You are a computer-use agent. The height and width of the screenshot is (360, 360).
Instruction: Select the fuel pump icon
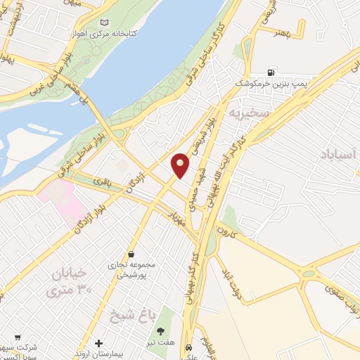[x=271, y=72]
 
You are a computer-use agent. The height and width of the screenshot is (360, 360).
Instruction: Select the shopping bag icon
[x=131, y=254]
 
